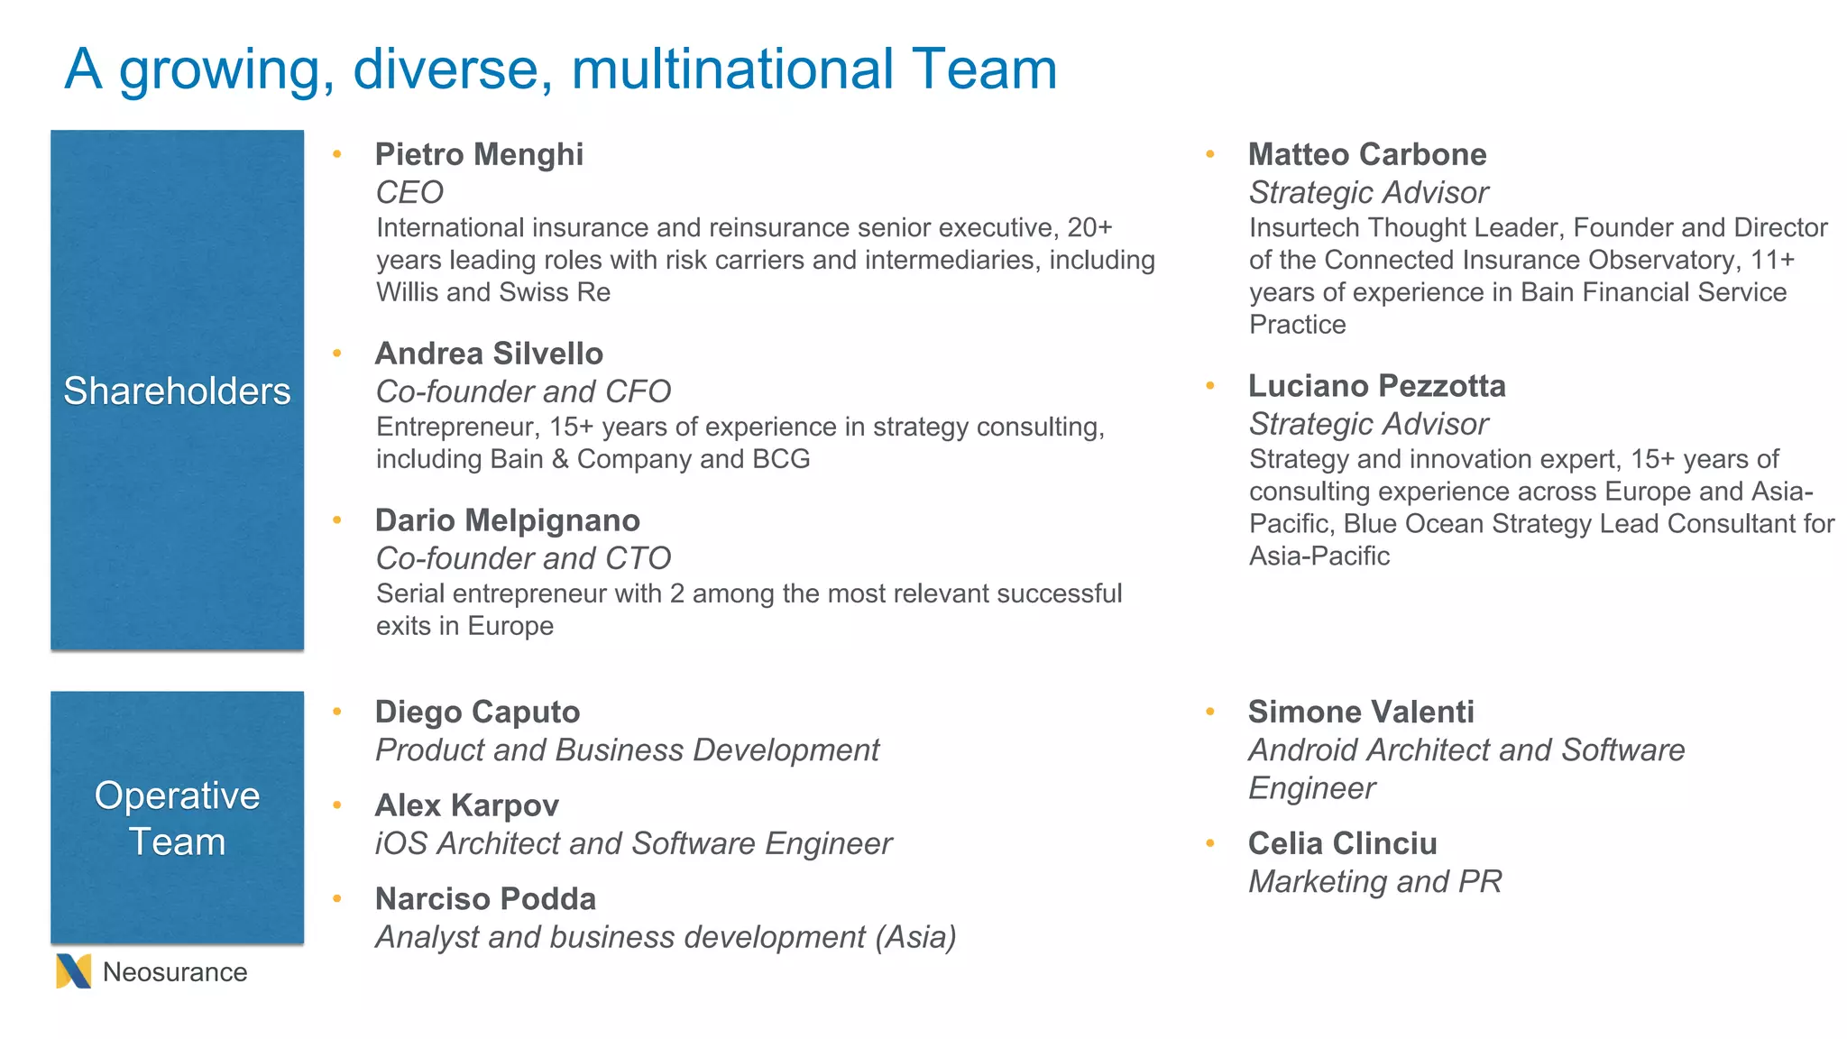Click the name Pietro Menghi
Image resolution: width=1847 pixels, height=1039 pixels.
479,154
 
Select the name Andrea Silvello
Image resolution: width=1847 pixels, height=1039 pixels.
489,354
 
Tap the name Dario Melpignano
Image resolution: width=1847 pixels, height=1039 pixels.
507,520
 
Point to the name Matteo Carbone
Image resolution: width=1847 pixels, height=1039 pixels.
1367,154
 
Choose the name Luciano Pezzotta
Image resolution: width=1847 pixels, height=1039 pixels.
1376,386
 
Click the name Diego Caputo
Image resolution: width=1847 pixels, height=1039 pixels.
477,712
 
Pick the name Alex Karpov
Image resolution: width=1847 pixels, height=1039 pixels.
466,805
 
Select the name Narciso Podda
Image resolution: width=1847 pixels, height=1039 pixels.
485,899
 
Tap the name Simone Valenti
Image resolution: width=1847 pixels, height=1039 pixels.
1361,712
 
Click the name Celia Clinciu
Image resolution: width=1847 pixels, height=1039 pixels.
1342,843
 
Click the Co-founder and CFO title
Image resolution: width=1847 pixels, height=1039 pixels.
523,391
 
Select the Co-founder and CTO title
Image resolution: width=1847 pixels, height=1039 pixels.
523,558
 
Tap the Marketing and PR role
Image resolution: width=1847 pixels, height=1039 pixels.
1374,881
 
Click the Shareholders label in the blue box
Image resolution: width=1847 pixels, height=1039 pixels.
177,391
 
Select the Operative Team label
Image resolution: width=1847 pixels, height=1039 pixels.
177,818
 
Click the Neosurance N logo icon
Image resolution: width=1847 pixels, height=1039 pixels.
73,971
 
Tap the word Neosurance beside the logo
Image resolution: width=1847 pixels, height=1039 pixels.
175,972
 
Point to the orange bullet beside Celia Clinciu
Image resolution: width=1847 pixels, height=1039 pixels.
1210,843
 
